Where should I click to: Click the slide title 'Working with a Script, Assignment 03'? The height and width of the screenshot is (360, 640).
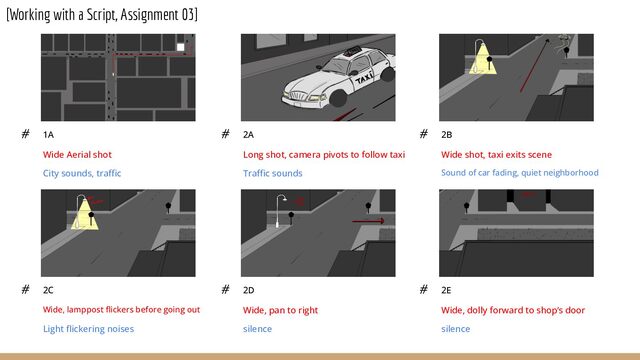pos(102,15)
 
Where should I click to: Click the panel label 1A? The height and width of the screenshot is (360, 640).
pos(48,134)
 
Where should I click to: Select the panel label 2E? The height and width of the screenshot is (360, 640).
pos(446,290)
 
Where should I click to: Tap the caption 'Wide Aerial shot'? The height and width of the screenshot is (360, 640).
pos(77,155)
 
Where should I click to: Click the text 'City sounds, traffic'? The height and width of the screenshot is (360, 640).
pos(82,173)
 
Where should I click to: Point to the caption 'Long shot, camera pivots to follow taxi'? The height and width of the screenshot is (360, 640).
pos(324,155)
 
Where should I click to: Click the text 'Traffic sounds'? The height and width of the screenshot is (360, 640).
pos(273,173)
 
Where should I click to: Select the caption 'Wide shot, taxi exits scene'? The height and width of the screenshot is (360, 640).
pos(496,155)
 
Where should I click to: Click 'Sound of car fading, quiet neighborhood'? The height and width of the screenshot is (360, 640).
pos(520,173)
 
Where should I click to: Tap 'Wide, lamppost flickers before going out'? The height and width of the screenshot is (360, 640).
pos(121,310)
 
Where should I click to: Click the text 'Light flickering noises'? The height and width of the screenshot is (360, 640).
pos(88,329)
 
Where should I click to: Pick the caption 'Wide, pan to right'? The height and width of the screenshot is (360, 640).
pos(280,310)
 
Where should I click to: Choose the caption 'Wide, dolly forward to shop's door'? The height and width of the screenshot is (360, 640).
pos(513,310)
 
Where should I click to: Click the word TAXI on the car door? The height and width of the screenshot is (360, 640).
pos(364,78)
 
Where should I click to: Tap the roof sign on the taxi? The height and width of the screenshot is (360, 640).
pos(352,51)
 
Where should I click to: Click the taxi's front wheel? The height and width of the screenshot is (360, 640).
pos(338,98)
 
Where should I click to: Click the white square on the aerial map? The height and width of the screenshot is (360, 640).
pos(180,47)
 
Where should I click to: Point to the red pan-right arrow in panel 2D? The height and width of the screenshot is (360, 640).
pos(368,221)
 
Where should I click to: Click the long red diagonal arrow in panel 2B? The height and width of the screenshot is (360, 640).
pos(534,65)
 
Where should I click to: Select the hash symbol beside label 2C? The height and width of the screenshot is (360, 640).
pos(25,290)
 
